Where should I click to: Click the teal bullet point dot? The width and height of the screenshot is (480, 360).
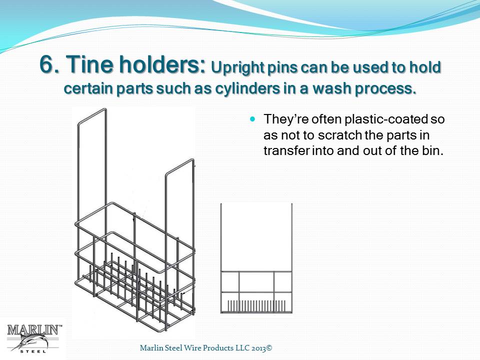pyautogui.click(x=252, y=119)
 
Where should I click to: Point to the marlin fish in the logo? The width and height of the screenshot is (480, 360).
pyautogui.click(x=32, y=341)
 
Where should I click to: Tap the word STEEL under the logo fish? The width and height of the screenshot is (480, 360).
pyautogui.click(x=33, y=351)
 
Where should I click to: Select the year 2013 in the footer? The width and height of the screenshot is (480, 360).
pyautogui.click(x=259, y=348)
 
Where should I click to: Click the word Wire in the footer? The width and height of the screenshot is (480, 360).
pyautogui.click(x=193, y=348)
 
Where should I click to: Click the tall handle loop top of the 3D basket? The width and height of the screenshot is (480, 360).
pyautogui.click(x=92, y=115)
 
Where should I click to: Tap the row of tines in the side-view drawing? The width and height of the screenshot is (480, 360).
pyautogui.click(x=256, y=305)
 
